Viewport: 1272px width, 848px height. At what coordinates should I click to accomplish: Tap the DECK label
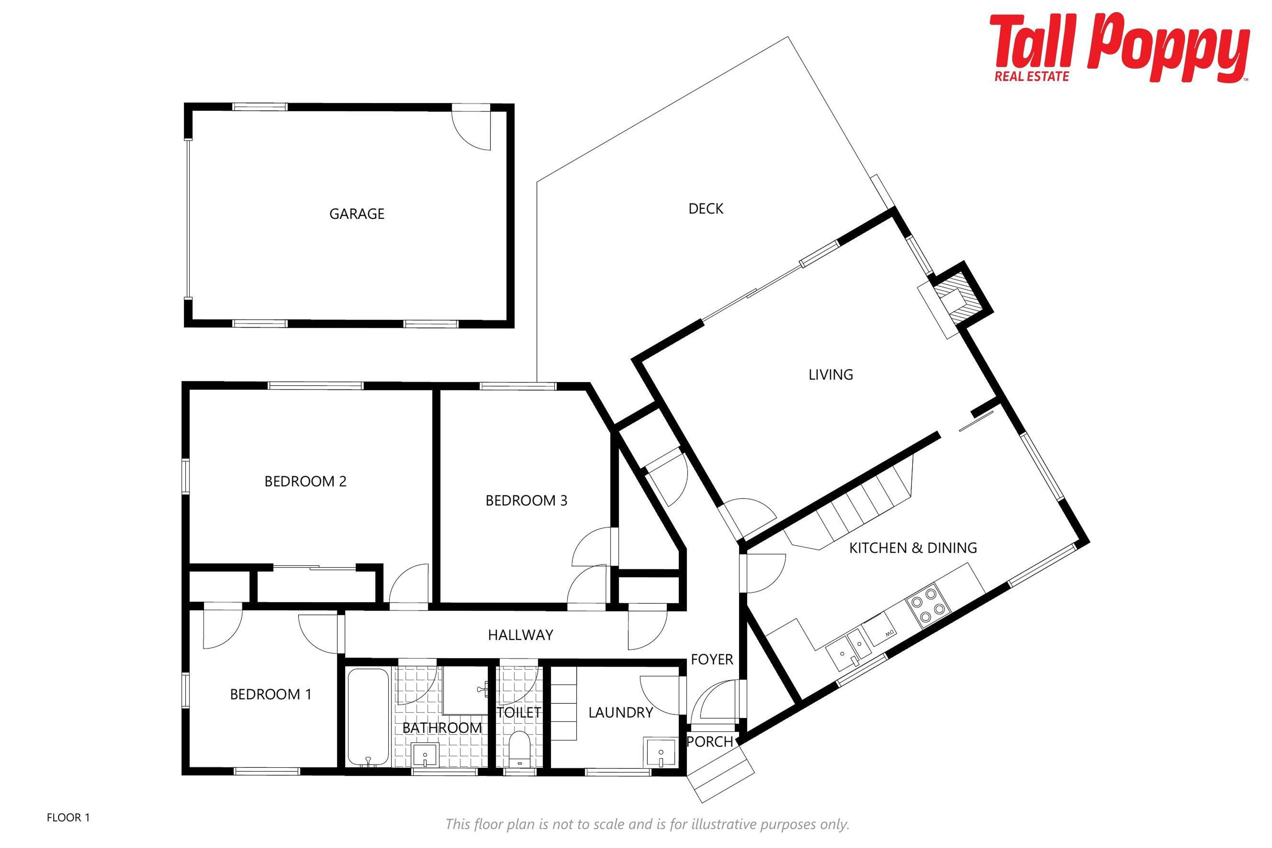pos(706,209)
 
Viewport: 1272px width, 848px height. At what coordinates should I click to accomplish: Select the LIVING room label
pos(831,375)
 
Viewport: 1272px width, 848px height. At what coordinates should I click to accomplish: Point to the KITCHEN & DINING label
pos(913,548)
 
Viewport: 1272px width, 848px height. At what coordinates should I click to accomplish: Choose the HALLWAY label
pos(520,635)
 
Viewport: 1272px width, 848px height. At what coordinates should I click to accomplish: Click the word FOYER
pos(712,659)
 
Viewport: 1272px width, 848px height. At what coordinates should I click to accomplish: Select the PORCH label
pos(710,741)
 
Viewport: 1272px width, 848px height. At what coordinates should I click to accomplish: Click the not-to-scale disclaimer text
pos(647,824)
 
